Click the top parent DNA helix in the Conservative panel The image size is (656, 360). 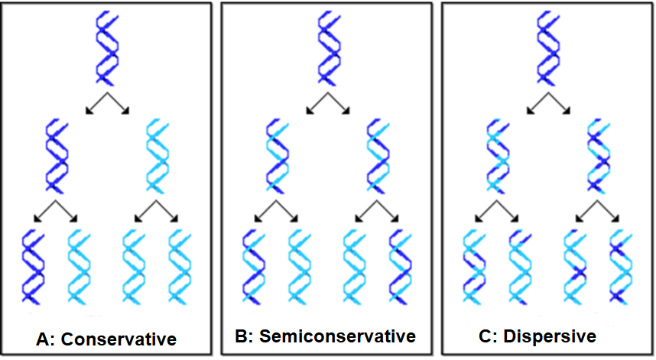click(107, 48)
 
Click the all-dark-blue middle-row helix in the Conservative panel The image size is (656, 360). click(56, 155)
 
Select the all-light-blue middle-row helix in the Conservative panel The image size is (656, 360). click(158, 155)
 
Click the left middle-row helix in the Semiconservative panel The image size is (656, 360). click(278, 155)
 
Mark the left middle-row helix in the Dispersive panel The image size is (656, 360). click(497, 155)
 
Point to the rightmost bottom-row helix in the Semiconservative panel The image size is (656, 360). click(402, 267)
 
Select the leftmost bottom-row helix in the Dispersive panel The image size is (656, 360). click(474, 267)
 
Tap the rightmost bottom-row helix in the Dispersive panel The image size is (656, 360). click(621, 267)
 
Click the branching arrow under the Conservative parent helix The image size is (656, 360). click(107, 103)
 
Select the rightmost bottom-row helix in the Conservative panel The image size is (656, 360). click(182, 267)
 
